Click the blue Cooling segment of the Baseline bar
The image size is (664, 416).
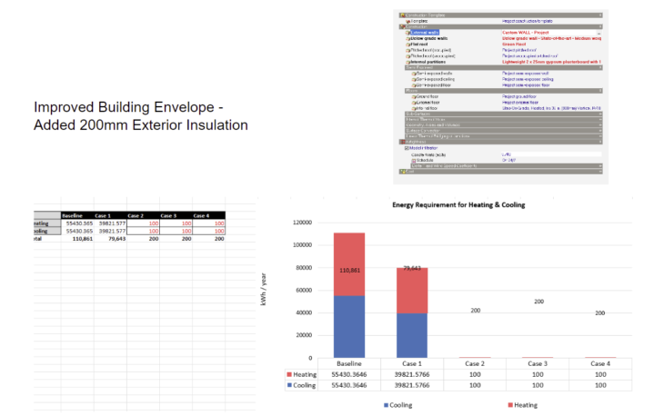(x=350, y=327)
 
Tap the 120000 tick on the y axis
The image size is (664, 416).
(x=304, y=222)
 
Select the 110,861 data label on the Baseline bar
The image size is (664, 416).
(x=350, y=270)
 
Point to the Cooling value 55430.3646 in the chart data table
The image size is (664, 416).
(x=350, y=385)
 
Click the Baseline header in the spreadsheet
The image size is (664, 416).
(x=73, y=214)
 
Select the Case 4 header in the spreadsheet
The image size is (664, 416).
(x=201, y=214)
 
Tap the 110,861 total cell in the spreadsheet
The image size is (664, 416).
(x=75, y=239)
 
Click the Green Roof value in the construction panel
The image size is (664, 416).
(x=515, y=44)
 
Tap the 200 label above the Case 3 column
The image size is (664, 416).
(x=538, y=302)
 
